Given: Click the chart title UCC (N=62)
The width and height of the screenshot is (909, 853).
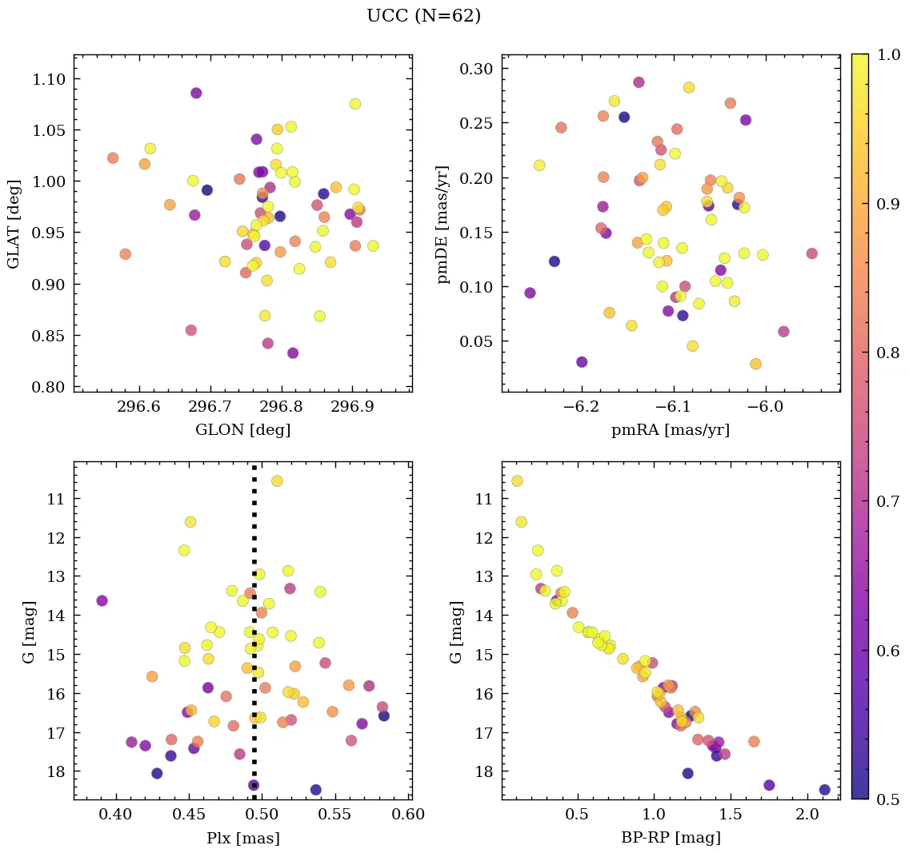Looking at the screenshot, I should pyautogui.click(x=423, y=16).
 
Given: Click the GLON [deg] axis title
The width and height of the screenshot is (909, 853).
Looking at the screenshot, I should pyautogui.click(x=242, y=430).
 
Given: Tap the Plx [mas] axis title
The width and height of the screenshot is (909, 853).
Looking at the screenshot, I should pyautogui.click(x=242, y=838).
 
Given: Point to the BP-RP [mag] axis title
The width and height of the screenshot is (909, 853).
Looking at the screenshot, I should pyautogui.click(x=671, y=838).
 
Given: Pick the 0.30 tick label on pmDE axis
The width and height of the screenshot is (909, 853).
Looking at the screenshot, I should pyautogui.click(x=475, y=69).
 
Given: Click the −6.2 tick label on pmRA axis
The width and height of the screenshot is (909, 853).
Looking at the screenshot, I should pyautogui.click(x=581, y=409).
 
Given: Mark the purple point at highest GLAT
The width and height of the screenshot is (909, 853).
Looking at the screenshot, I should pyautogui.click(x=196, y=93).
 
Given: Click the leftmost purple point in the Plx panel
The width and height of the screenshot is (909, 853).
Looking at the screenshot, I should pyautogui.click(x=102, y=600).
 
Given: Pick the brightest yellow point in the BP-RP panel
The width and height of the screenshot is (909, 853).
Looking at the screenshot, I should pyautogui.click(x=517, y=480).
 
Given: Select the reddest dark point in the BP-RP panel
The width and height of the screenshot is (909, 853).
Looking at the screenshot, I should pyautogui.click(x=824, y=790).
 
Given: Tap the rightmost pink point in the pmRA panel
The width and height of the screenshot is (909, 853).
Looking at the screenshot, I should pyautogui.click(x=811, y=253).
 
